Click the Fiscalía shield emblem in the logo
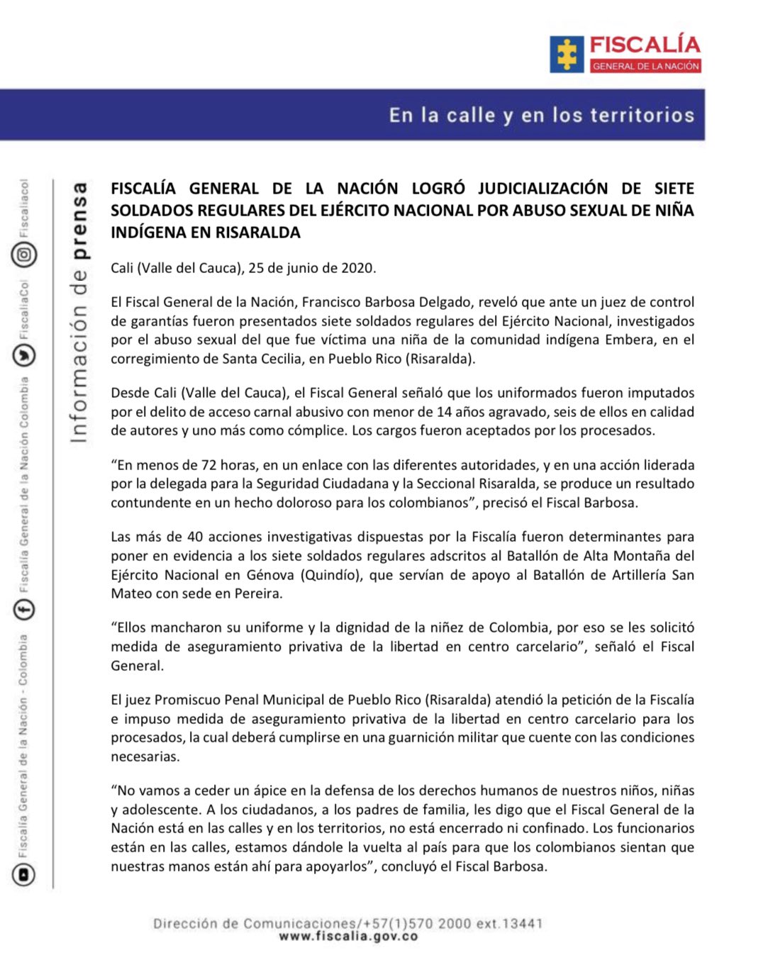click(567, 55)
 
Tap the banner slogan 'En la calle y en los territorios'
click(542, 115)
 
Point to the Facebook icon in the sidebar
click(24, 608)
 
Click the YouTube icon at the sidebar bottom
click(23, 875)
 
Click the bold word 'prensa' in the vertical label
click(79, 220)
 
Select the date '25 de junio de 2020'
click(311, 268)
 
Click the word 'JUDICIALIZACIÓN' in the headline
click(542, 189)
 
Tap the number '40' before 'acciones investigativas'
click(195, 537)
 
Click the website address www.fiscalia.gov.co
click(348, 937)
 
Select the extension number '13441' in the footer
click(522, 923)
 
